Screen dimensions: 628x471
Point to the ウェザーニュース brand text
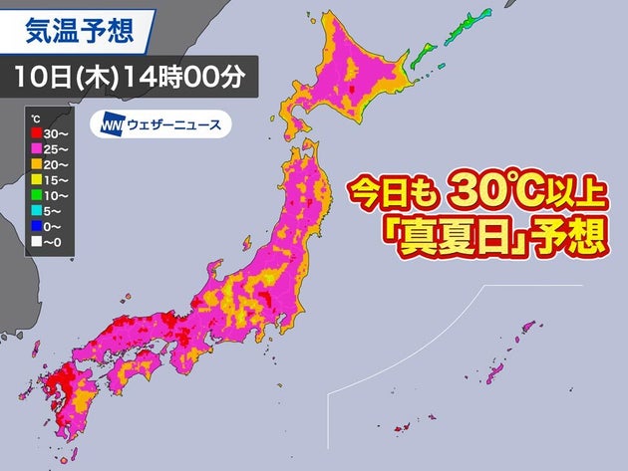(x=170, y=126)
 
